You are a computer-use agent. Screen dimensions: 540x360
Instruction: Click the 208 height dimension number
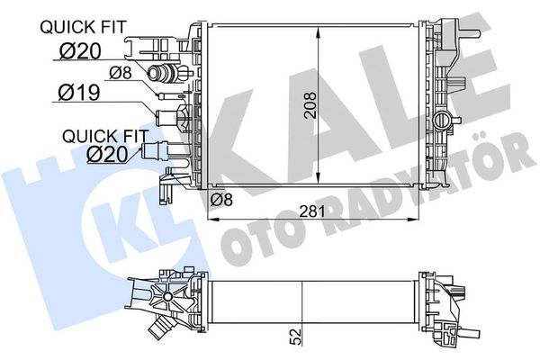(310, 105)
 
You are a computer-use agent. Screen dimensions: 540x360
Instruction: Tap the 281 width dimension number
(312, 211)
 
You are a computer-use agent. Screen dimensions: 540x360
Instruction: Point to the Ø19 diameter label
(79, 93)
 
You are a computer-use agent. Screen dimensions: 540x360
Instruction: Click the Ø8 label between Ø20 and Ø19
(121, 72)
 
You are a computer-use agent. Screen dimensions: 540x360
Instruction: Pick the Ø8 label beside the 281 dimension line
(221, 199)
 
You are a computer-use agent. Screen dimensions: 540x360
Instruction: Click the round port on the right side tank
(441, 121)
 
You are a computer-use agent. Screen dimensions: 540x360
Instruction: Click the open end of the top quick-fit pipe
(153, 73)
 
